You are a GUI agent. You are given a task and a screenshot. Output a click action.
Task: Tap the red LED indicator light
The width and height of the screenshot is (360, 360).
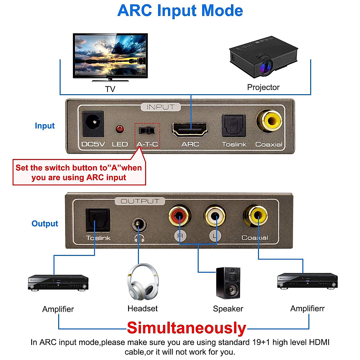[x=120, y=129]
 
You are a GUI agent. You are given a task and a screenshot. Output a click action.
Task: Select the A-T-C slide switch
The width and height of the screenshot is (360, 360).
[x=147, y=131]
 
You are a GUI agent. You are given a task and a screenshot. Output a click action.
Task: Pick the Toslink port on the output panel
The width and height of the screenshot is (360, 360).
[x=98, y=220]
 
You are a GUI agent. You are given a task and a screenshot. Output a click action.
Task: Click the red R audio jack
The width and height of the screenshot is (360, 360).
[x=179, y=215]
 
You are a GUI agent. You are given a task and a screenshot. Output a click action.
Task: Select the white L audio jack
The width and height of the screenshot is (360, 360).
[x=215, y=215]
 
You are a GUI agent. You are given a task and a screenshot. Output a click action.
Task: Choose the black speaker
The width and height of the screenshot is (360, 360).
[x=228, y=283]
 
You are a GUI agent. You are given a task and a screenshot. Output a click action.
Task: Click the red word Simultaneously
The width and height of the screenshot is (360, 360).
[x=186, y=328]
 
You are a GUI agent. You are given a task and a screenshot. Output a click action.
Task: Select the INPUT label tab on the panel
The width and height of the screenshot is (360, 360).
[x=160, y=107]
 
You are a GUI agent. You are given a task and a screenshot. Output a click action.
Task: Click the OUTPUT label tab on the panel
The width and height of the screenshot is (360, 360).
[x=140, y=201]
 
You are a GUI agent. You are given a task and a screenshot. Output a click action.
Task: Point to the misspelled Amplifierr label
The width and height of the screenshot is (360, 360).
[x=307, y=308]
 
